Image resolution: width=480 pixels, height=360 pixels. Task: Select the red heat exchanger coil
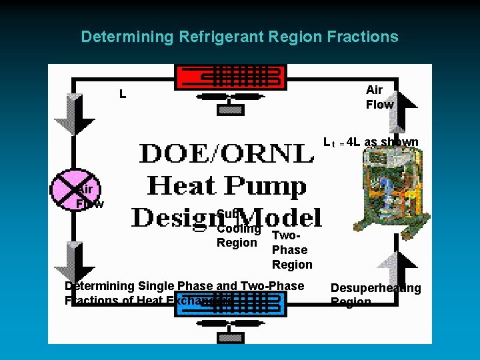tap(230, 77)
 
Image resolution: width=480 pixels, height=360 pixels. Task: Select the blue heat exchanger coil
tap(230, 305)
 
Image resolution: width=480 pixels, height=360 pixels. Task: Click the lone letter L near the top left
tap(122, 95)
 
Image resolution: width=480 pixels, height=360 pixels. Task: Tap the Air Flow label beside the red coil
tap(379, 97)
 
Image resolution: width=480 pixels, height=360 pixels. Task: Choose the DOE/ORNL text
tap(227, 154)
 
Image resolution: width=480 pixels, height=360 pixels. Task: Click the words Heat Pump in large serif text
tap(227, 185)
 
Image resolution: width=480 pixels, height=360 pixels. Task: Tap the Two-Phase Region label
tap(291, 250)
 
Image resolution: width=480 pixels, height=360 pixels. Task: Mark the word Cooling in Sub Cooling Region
tap(239, 229)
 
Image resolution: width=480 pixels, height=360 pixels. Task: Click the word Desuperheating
tap(376, 288)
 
